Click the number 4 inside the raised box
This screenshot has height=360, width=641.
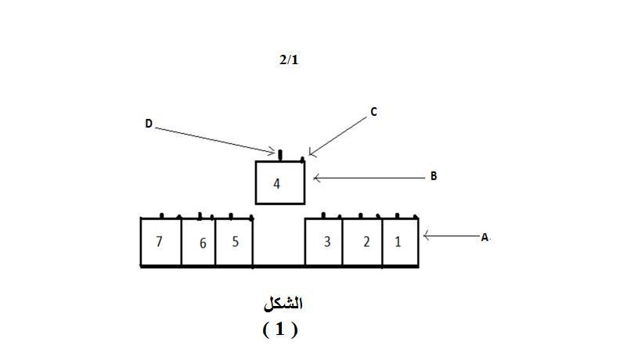coord(277,184)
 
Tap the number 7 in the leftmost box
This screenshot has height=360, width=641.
coord(160,242)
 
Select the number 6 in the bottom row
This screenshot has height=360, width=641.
coord(203,243)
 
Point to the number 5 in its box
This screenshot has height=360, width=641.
coord(235,242)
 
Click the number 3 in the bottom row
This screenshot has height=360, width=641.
coord(327,242)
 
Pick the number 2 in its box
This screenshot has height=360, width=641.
coord(366,242)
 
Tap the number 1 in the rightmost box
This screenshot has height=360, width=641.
coord(398,242)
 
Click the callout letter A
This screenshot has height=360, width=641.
coord(484,237)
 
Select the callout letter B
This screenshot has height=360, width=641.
coord(434,176)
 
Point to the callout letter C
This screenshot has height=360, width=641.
coord(373,112)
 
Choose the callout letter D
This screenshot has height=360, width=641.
coord(149,124)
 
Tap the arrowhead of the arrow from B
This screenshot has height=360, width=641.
coord(314,178)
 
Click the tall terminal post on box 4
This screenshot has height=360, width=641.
coord(280,155)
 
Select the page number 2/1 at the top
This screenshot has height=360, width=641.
coord(289,60)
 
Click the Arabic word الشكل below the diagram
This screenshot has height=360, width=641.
coord(283,304)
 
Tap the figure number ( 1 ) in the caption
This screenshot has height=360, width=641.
coord(280,329)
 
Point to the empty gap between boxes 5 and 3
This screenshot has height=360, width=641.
coord(279,241)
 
